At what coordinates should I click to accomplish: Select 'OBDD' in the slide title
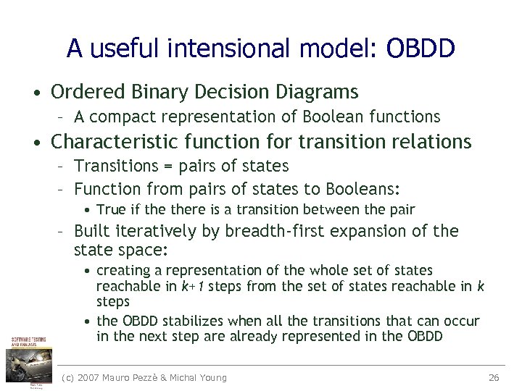click(420, 49)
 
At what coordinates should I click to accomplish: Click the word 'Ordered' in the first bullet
click(88, 92)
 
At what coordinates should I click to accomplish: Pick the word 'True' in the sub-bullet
click(110, 210)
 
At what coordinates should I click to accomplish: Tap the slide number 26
click(494, 377)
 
